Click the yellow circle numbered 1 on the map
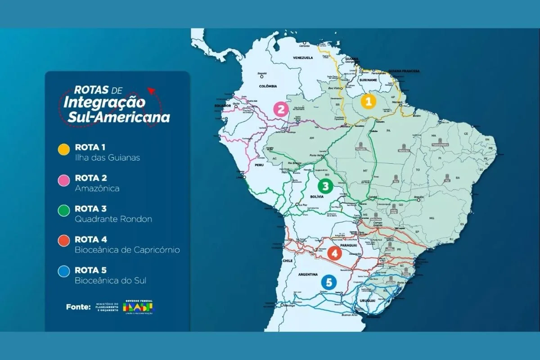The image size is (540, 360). point(368,102)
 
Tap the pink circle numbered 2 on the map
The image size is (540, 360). point(281,109)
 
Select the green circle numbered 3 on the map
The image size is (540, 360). point(325,185)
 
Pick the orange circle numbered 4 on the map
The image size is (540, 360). point(334,253)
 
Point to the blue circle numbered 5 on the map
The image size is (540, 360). point(329,283)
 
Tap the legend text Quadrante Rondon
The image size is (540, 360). point(113,219)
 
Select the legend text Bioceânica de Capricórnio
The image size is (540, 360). point(127,250)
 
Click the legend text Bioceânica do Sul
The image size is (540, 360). point(110,280)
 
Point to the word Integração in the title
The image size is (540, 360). point(104,103)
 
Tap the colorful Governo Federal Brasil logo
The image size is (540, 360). point(138,307)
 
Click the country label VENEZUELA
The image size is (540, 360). point(302,58)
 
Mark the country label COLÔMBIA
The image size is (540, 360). point(267,85)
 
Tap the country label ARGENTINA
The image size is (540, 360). point(309,274)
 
